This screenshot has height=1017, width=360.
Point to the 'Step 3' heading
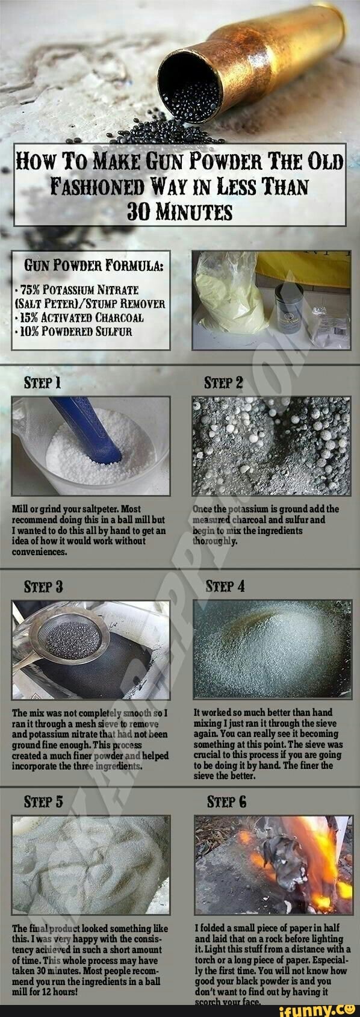(42, 586)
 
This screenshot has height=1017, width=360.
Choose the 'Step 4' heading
(225, 586)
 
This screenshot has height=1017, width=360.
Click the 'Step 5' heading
(42, 801)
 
